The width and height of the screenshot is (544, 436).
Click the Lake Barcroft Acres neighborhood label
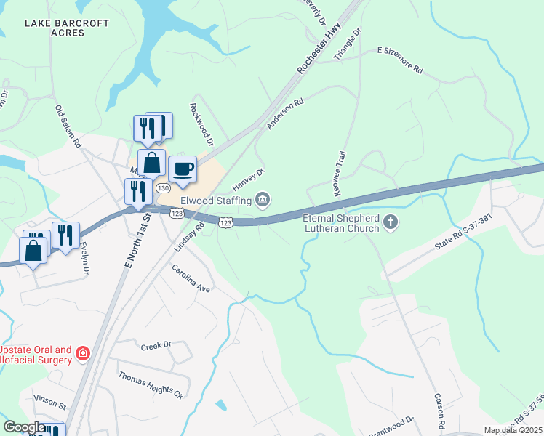point(67,28)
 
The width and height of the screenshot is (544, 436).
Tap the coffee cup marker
point(183,169)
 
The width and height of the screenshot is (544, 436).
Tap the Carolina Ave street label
point(191,278)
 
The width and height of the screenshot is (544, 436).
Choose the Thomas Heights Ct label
point(151,384)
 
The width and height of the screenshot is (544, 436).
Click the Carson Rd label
point(439,411)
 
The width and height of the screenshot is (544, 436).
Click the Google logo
point(24,427)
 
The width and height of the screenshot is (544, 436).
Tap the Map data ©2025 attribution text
point(513,430)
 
